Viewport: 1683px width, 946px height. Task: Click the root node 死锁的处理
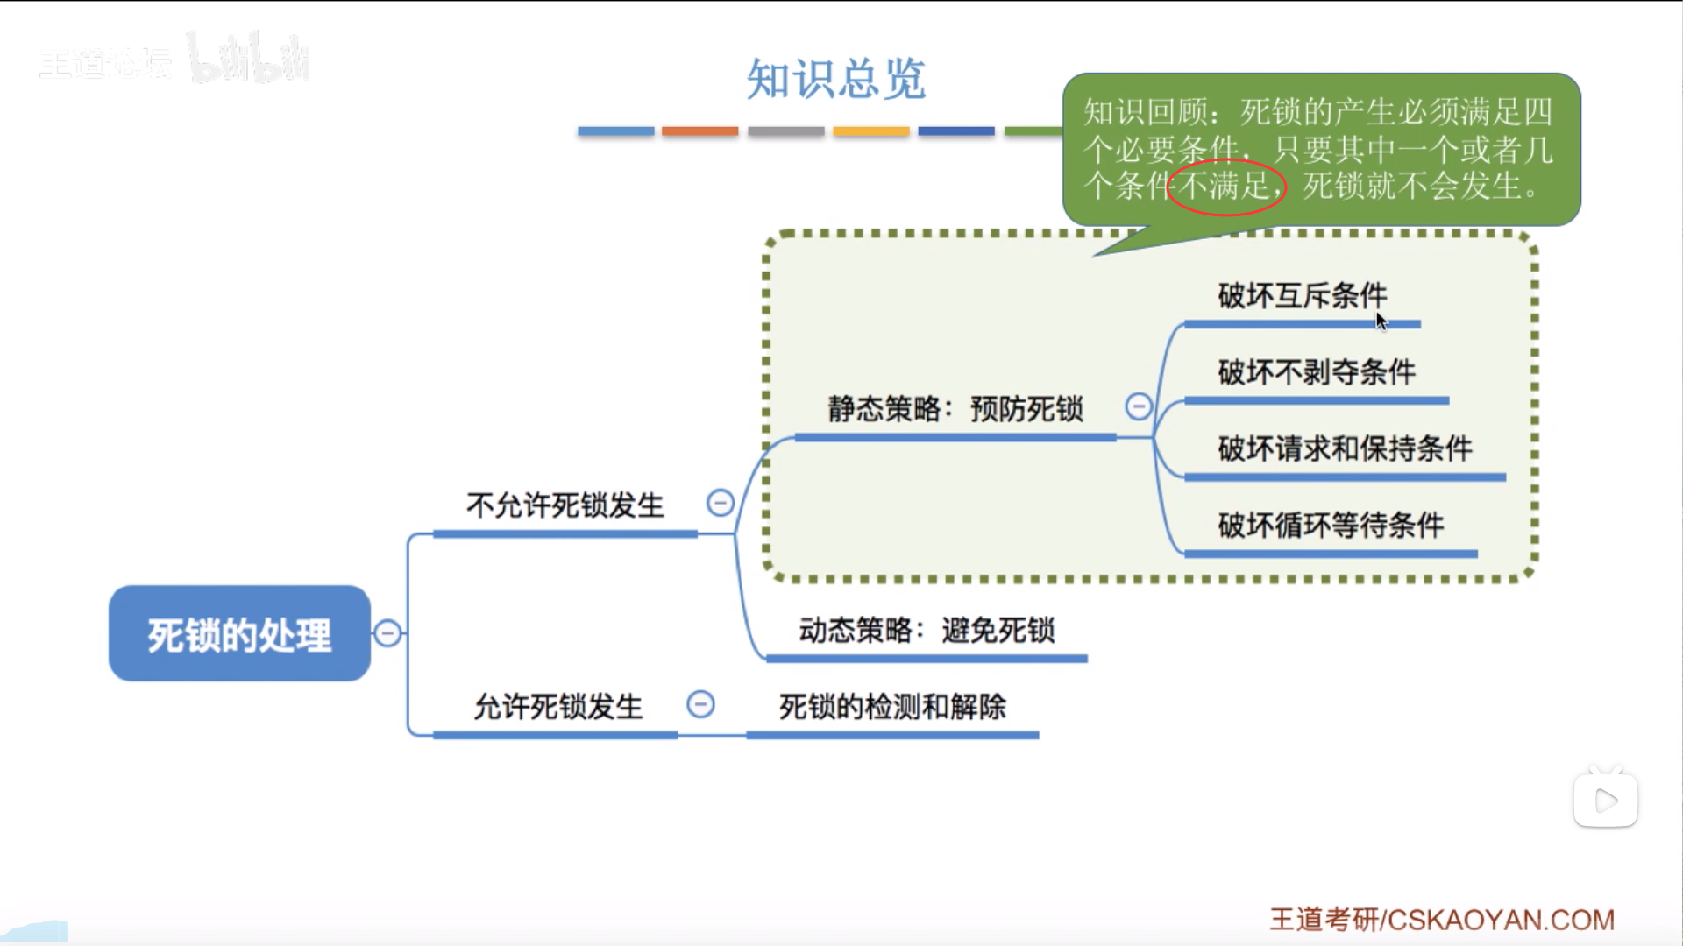click(x=239, y=633)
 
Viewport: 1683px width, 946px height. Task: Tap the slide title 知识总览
click(x=835, y=79)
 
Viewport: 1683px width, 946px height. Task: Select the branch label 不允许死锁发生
click(x=565, y=505)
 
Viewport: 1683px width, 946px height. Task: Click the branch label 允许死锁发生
click(x=558, y=706)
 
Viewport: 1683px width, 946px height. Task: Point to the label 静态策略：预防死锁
click(x=955, y=408)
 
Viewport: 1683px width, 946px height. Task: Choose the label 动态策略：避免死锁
click(x=927, y=630)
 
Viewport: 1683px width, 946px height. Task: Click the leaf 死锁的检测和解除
click(x=892, y=706)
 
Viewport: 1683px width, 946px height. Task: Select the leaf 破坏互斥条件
click(x=1303, y=295)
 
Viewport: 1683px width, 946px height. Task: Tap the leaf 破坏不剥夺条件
click(x=1317, y=372)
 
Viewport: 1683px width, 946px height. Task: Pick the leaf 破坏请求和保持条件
click(x=1345, y=448)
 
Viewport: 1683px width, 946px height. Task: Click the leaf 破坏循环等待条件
click(x=1331, y=525)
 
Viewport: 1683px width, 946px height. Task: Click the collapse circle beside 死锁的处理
click(x=387, y=633)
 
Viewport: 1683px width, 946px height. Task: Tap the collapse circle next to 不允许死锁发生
click(x=721, y=503)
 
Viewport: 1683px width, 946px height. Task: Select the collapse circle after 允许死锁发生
click(x=700, y=704)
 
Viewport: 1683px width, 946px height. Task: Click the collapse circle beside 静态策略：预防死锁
click(x=1139, y=406)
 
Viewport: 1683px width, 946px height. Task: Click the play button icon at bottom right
click(x=1605, y=800)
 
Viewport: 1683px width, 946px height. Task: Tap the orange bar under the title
click(x=699, y=131)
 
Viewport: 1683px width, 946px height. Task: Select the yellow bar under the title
click(x=870, y=131)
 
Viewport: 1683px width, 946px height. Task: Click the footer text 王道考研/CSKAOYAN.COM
click(x=1442, y=920)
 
